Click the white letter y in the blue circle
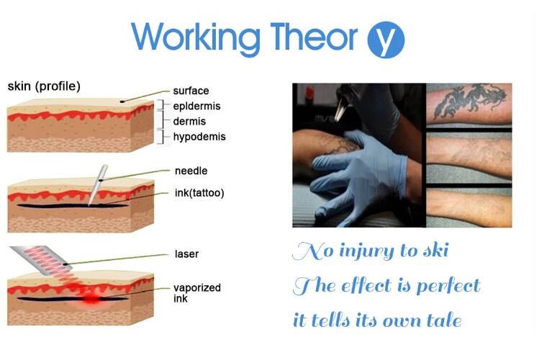point(385,40)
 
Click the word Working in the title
point(196,37)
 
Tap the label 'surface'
point(191,91)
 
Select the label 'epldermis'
point(196,107)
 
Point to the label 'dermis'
point(189,122)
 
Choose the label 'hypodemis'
point(199,137)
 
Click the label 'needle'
point(191,171)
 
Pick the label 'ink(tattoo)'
point(199,193)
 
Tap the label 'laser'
point(186,254)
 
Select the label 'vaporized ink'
point(197,293)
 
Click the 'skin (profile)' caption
point(44,86)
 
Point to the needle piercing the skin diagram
point(97,185)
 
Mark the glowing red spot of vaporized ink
point(91,299)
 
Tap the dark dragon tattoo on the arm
point(469,102)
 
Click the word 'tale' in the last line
point(444,320)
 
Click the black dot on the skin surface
point(122,102)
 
